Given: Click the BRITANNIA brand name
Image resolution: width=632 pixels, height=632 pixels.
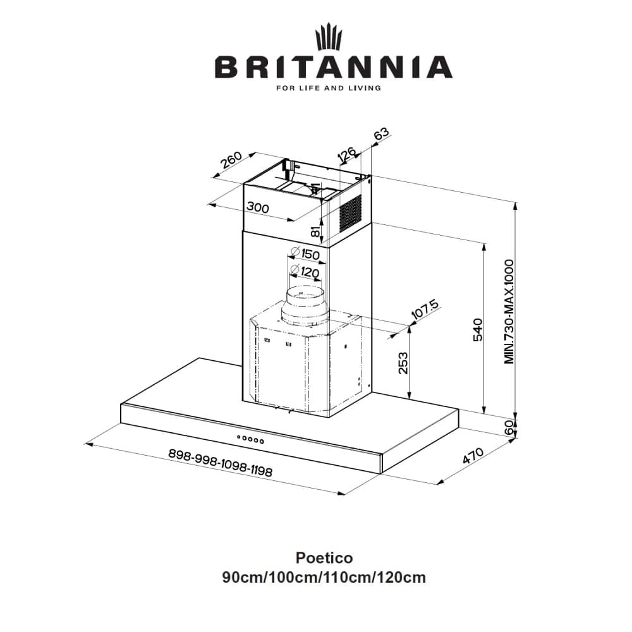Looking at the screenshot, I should (x=334, y=67).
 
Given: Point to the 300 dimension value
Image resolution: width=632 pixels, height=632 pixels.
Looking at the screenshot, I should (x=258, y=207).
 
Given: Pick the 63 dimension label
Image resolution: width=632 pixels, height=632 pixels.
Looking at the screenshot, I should (x=382, y=135).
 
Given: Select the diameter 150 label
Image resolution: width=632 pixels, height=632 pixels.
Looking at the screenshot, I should (x=305, y=254).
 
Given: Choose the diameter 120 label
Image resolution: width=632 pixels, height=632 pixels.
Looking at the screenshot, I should (x=305, y=272).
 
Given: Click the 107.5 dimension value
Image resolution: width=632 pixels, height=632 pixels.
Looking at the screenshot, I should (x=424, y=312).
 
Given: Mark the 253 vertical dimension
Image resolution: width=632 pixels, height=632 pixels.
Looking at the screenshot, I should (x=403, y=363).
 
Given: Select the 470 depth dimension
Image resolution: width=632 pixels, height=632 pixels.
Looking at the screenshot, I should (x=473, y=456).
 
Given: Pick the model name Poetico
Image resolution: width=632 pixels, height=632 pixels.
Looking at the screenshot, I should (x=324, y=558).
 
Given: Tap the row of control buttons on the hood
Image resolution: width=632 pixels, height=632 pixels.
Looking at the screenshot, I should (x=250, y=438).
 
